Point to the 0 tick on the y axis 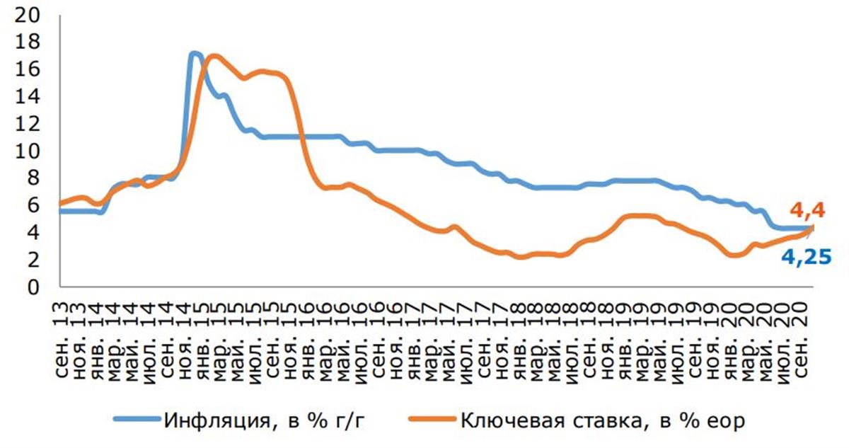click(x=33, y=287)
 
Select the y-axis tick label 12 click(x=27, y=125)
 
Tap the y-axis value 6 click(x=33, y=206)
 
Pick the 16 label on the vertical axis click(x=27, y=70)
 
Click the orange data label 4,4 click(x=809, y=211)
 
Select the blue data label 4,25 click(x=807, y=258)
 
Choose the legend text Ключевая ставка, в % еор click(x=603, y=420)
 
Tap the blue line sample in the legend click(x=138, y=419)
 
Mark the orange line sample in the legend click(x=433, y=419)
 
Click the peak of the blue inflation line click(x=195, y=54)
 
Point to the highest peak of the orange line click(x=214, y=57)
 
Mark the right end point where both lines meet click(x=812, y=228)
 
